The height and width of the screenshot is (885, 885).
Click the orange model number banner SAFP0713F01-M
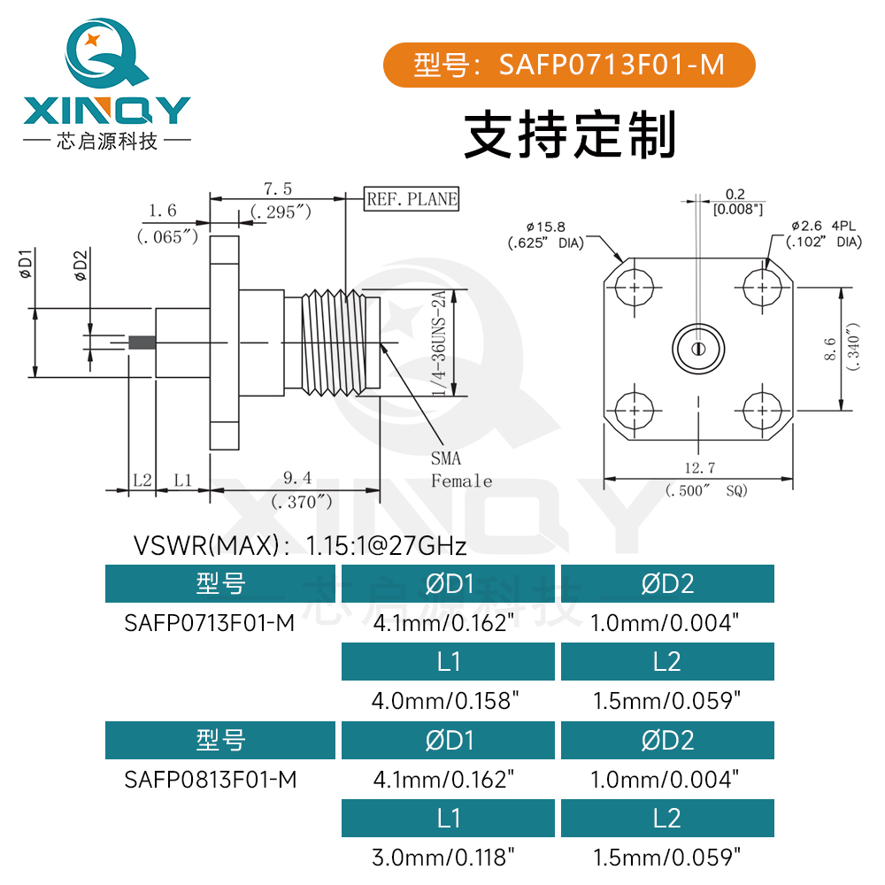coord(568,65)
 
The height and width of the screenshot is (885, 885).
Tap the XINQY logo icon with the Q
coord(104,53)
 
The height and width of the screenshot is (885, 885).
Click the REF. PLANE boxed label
coord(412,199)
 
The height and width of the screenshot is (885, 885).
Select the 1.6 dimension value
coord(162,211)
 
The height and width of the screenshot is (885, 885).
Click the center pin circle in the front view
coord(698,349)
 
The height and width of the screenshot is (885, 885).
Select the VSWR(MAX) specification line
coord(299,544)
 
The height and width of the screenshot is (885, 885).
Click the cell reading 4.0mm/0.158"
coord(444,701)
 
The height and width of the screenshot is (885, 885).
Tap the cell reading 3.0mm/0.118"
coord(444,858)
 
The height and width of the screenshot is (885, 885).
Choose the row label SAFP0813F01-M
coord(210,780)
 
